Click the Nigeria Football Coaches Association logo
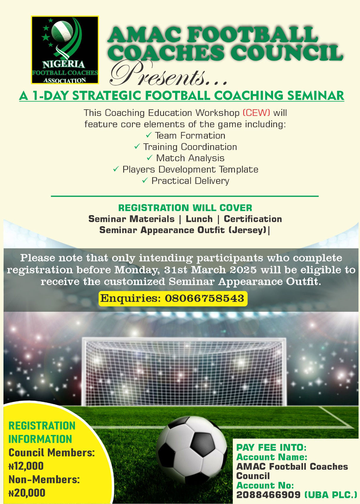tap(65, 50)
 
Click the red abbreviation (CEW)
tap(256, 113)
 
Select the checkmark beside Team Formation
tap(148, 135)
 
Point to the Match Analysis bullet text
tap(190, 158)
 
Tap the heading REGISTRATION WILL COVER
tap(185, 208)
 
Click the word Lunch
tap(199, 219)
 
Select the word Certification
tap(253, 219)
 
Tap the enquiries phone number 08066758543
tap(204, 298)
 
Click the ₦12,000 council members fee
tap(26, 466)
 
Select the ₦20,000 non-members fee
tap(27, 493)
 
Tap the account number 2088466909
tap(268, 495)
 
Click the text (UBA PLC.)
tap(331, 495)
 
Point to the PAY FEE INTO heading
tap(271, 448)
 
